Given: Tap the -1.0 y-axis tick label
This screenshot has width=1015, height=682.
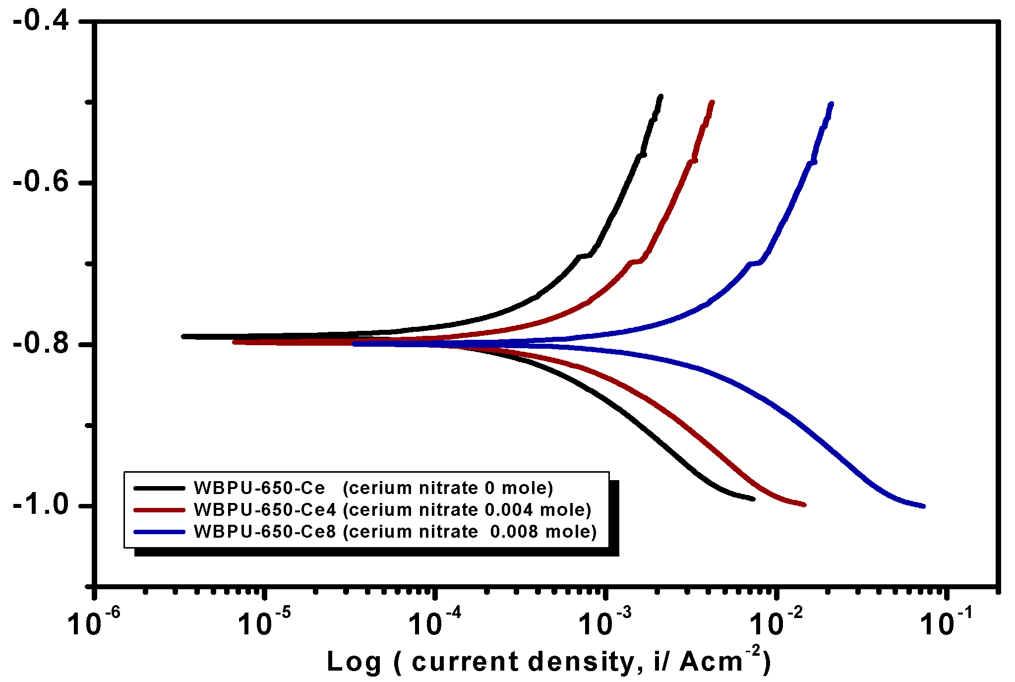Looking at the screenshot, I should pyautogui.click(x=41, y=505).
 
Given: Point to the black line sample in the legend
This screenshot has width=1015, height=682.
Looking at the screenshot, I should pyautogui.click(x=159, y=488).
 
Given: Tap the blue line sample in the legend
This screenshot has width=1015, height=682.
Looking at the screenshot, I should pyautogui.click(x=159, y=532).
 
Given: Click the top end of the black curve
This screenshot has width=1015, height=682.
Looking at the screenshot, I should pyautogui.click(x=660, y=97).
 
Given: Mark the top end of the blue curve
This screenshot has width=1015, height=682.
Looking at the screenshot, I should pyautogui.click(x=831, y=104).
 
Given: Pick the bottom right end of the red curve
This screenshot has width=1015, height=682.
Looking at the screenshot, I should pyautogui.click(x=804, y=504).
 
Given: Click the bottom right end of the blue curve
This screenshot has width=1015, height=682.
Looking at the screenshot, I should pyautogui.click(x=923, y=506).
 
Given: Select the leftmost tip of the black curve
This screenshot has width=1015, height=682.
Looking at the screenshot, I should pyautogui.click(x=184, y=336).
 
